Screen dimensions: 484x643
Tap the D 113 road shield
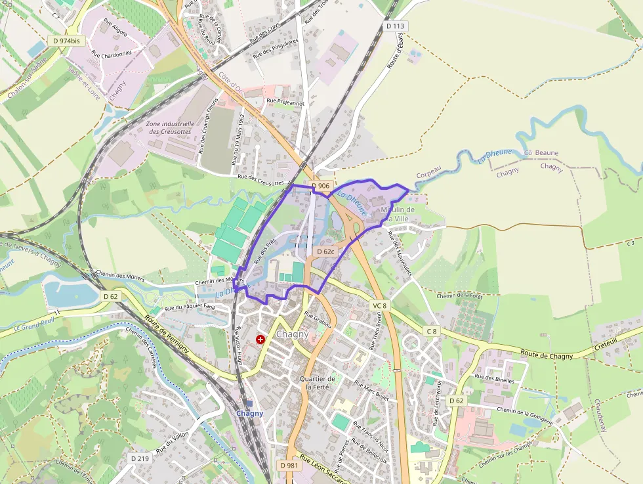click(396, 26)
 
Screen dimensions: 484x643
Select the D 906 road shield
click(321, 186)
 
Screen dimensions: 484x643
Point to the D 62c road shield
click(326, 252)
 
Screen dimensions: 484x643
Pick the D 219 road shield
click(140, 458)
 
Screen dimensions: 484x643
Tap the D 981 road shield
click(288, 465)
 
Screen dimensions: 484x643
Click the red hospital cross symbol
click(261, 340)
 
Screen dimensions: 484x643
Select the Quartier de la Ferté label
click(317, 383)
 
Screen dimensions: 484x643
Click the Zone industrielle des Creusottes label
click(171, 127)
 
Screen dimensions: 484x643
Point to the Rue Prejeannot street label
click(285, 102)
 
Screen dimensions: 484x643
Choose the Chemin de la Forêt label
click(459, 296)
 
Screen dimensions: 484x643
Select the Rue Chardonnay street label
click(112, 53)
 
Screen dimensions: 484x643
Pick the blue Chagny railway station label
click(249, 413)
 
